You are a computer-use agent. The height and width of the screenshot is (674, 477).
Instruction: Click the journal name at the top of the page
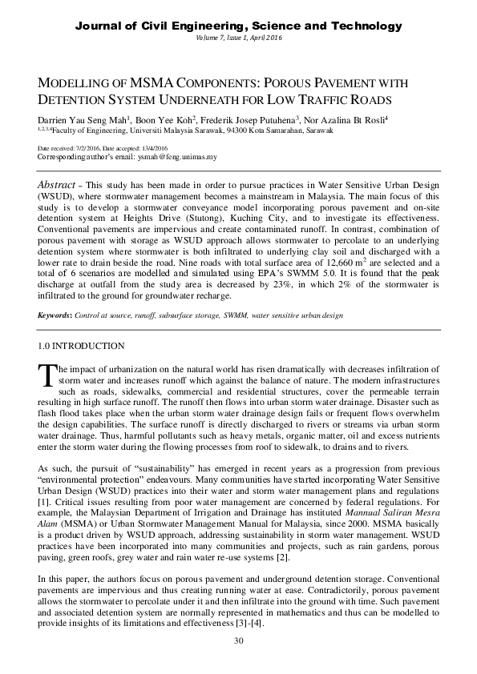[x=238, y=26]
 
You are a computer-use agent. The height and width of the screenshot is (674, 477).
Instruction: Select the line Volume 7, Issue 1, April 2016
[x=238, y=38]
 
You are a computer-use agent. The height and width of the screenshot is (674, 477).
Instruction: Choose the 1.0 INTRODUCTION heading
[x=81, y=347]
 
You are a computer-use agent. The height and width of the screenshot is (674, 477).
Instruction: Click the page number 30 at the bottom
[x=238, y=641]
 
